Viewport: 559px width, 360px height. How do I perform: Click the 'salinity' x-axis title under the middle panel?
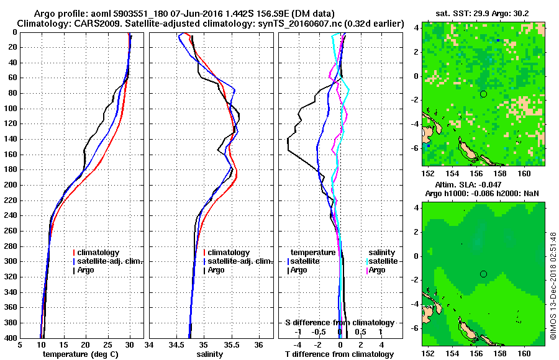211,354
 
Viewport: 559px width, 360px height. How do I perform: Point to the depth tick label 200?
11,185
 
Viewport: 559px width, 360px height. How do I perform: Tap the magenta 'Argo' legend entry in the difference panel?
378,270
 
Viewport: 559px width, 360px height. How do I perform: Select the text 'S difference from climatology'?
339,323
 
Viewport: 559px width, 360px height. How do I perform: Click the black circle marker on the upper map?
483,94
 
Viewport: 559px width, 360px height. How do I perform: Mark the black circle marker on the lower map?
483,274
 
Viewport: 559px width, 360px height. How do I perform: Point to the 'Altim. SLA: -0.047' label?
483,185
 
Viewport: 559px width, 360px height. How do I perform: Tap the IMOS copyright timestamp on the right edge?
553,286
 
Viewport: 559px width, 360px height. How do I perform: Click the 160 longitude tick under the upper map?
524,173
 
